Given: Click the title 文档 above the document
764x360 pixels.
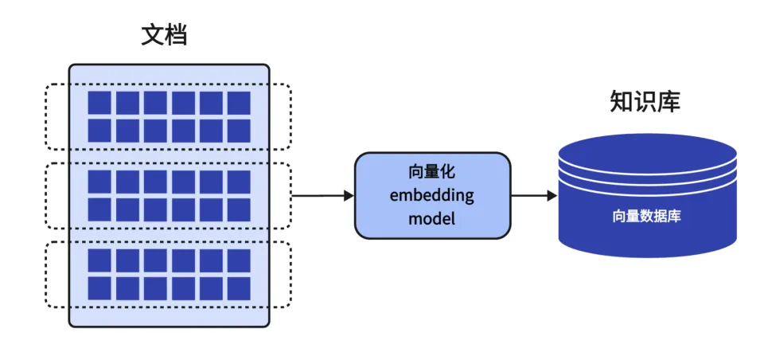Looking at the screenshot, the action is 164,35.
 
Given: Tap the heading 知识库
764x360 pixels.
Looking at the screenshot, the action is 645,102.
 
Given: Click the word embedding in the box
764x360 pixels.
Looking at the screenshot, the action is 431,196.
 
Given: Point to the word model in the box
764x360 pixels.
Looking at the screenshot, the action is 431,218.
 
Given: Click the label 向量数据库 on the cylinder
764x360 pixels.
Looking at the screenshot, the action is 646,216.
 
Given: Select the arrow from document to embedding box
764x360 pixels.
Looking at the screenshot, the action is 322,196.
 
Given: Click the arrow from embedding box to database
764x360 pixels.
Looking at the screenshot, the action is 534,196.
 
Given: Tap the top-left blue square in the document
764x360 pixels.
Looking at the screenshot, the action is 99,103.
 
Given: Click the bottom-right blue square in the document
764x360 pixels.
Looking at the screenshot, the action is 239,288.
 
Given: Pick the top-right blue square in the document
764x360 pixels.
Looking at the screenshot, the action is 239,103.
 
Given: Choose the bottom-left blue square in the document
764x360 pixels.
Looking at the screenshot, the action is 99,288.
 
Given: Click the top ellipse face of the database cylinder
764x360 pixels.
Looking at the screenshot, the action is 647,151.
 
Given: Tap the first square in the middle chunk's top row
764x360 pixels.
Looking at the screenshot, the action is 99,182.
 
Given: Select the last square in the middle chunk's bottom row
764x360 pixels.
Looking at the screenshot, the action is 239,209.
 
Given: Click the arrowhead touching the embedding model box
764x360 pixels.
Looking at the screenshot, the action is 349,196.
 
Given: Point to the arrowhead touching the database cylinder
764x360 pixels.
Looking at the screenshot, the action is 552,196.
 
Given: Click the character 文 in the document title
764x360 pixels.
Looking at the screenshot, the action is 153,35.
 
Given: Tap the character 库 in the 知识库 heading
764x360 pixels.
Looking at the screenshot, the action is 669,102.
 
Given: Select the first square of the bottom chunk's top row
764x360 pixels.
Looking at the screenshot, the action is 99,260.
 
